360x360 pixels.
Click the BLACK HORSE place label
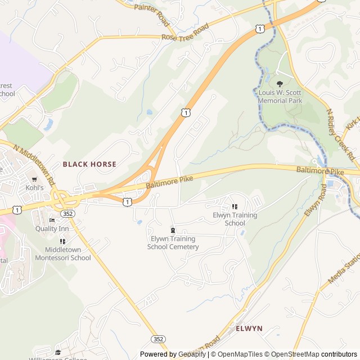click(x=89, y=164)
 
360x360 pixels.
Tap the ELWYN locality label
click(x=249, y=328)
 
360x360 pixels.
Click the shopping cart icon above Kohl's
click(x=34, y=179)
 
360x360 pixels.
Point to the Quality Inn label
click(x=52, y=228)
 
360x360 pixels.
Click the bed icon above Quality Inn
click(x=52, y=220)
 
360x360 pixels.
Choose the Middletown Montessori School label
click(x=63, y=254)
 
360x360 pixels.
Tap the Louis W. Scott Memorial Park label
click(x=280, y=96)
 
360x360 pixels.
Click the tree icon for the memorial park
click(x=280, y=84)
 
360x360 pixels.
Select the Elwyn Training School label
click(x=235, y=219)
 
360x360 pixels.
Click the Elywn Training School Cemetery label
click(x=173, y=242)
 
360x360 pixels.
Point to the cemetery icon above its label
click(x=173, y=230)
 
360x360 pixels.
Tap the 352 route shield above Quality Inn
click(x=68, y=214)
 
